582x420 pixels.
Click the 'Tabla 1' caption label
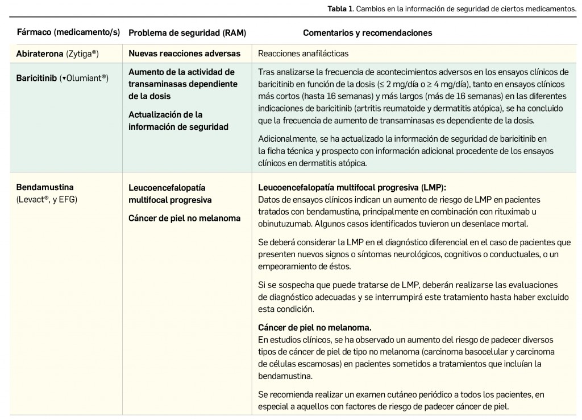pyautogui.click(x=339, y=9)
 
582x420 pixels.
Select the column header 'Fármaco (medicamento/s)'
pyautogui.click(x=68, y=32)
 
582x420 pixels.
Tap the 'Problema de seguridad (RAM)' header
pyautogui.click(x=187, y=32)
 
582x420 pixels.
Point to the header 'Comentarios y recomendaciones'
pyautogui.click(x=367, y=32)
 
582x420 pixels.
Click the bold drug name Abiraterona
pyautogui.click(x=40, y=53)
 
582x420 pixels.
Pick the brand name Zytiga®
pyautogui.click(x=82, y=53)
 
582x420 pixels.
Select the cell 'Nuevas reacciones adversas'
pyautogui.click(x=184, y=53)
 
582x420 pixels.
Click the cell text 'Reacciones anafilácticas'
pyautogui.click(x=303, y=53)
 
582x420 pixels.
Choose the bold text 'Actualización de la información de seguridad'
pyautogui.click(x=178, y=121)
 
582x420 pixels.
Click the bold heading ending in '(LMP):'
pyautogui.click(x=352, y=187)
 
